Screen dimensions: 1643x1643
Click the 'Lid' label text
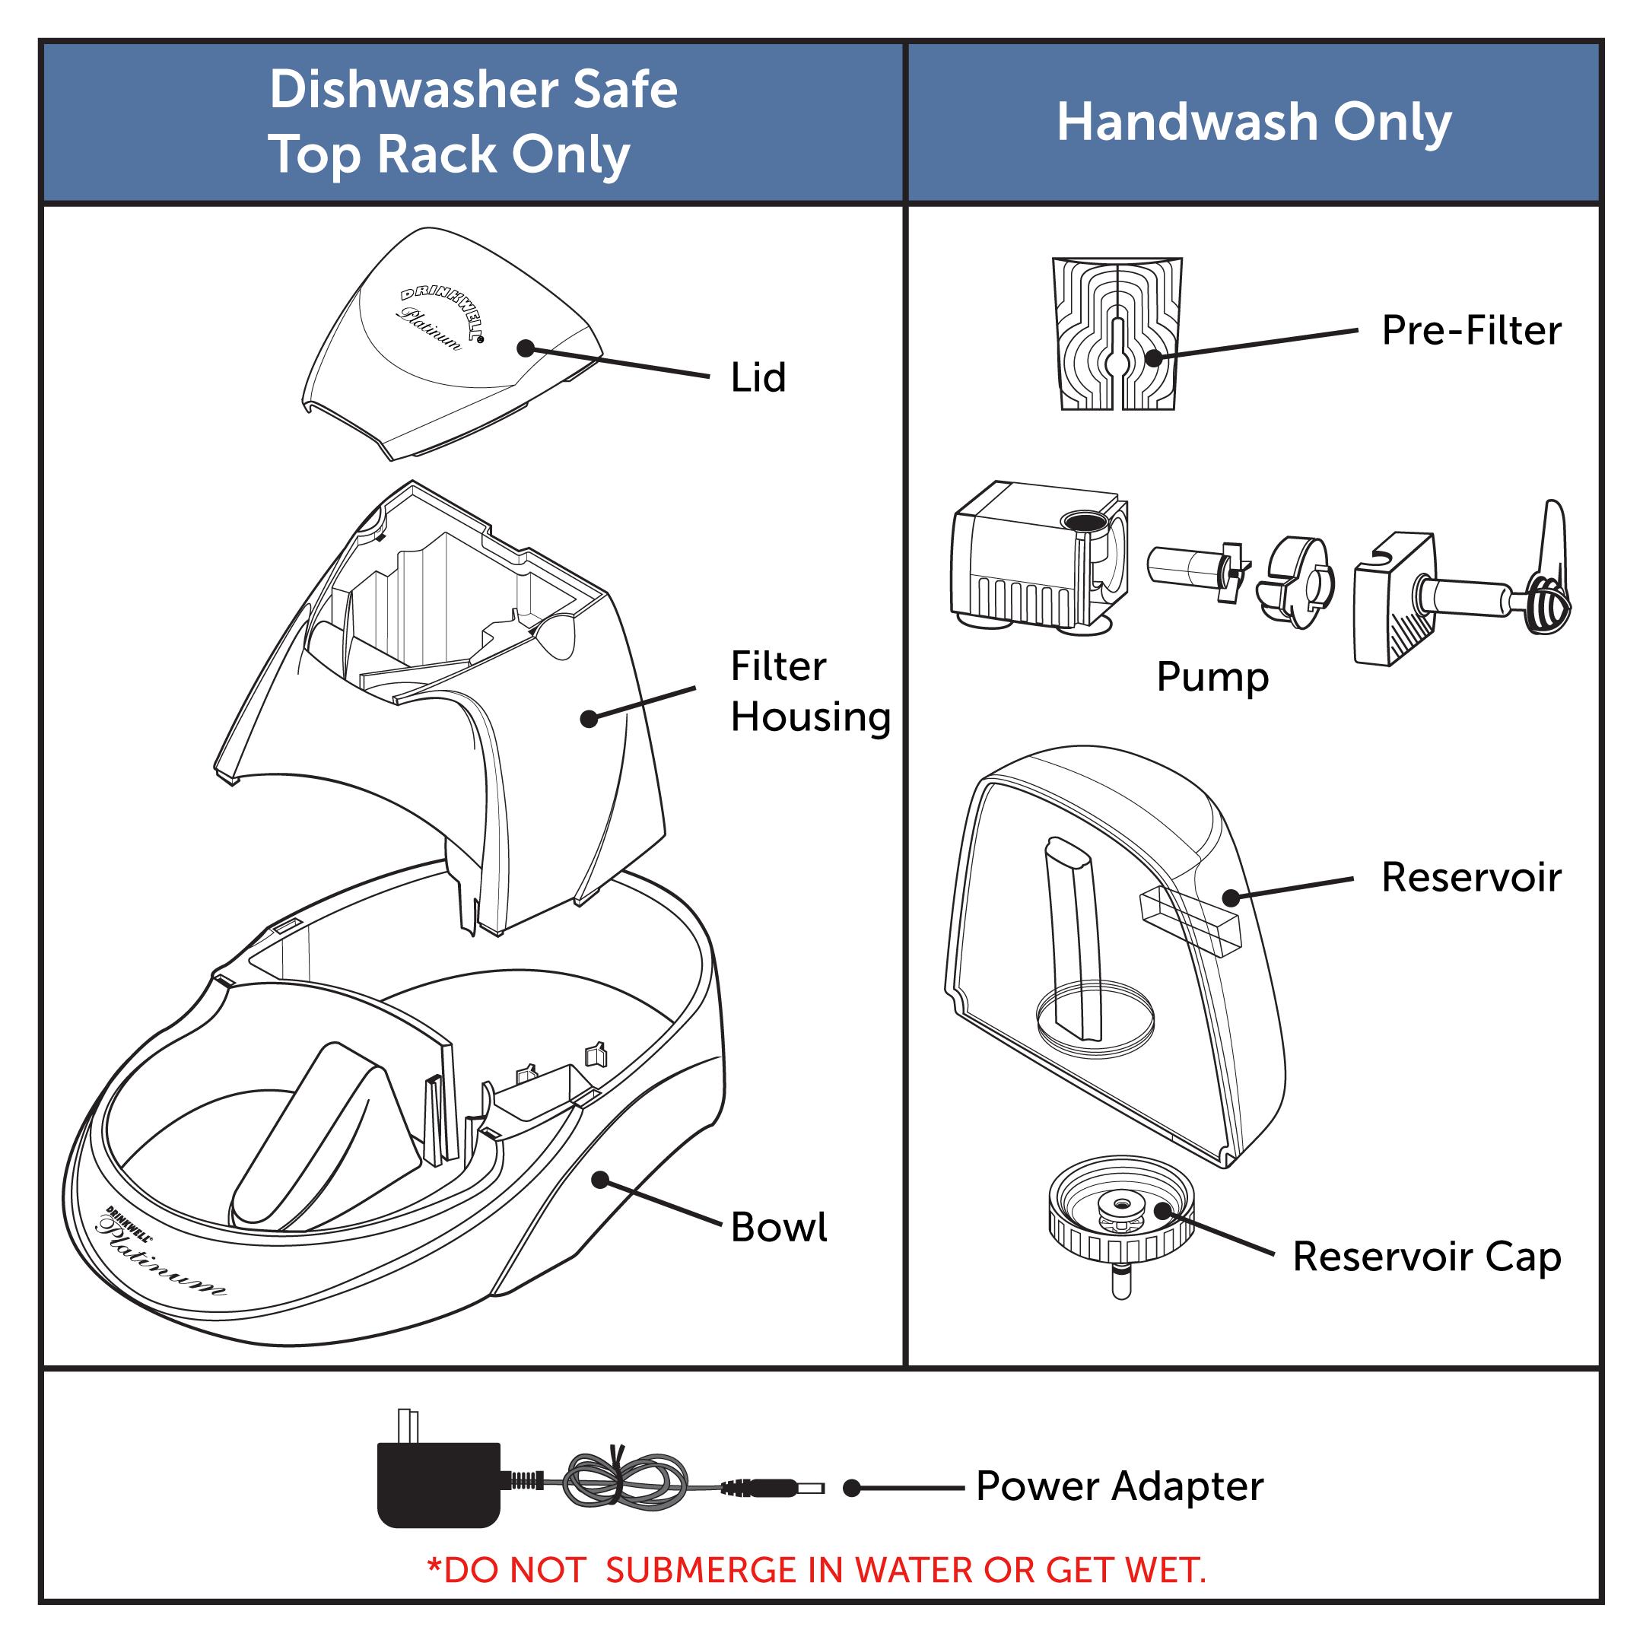758,377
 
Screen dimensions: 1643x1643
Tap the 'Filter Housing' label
809,691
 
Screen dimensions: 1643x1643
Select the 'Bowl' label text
778,1227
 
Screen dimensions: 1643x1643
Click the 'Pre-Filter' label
1470,330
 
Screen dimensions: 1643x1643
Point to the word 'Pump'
1212,677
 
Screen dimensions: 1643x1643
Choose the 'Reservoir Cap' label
1426,1256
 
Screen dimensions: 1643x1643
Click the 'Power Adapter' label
1118,1486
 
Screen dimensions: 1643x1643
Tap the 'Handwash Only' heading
1254,122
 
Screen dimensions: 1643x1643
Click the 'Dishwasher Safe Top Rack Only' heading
473,122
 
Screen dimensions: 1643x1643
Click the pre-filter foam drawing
1117,333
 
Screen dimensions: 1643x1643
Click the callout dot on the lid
526,348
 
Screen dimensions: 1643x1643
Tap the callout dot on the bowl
599,1180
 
